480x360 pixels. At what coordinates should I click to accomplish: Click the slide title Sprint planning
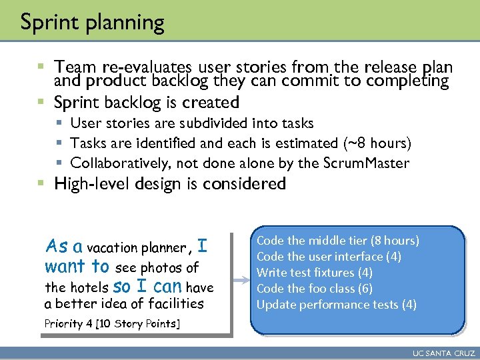click(92, 23)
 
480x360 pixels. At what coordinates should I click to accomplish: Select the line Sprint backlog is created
click(146, 103)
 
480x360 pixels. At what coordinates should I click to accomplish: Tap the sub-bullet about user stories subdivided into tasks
click(191, 123)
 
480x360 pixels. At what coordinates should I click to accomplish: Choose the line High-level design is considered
click(169, 184)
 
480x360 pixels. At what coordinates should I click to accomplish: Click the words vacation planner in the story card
click(137, 248)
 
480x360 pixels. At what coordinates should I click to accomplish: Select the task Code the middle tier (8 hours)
click(337, 241)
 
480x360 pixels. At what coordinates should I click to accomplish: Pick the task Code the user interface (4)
click(329, 257)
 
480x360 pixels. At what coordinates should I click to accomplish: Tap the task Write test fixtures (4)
click(314, 273)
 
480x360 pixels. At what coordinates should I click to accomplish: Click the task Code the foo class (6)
click(314, 289)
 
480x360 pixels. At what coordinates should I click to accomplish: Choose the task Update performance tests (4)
click(336, 305)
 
